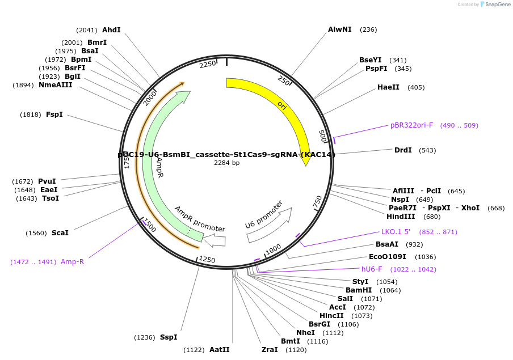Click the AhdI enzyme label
pyautogui.click(x=111, y=30)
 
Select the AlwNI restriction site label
pyautogui.click(x=340, y=29)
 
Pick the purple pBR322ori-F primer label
pyautogui.click(x=411, y=125)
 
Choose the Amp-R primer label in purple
pyautogui.click(x=72, y=261)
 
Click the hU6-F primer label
pyautogui.click(x=372, y=269)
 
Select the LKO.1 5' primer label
pyautogui.click(x=396, y=232)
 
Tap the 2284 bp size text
pyautogui.click(x=226, y=163)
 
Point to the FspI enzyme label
pyautogui.click(x=54, y=115)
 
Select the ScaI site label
pyautogui.click(x=60, y=233)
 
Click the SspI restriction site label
pyautogui.click(x=169, y=337)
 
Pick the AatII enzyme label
pyautogui.click(x=219, y=350)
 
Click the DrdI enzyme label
pyautogui.click(x=403, y=150)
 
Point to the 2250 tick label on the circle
pyautogui.click(x=208, y=64)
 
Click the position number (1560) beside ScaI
pyautogui.click(x=36, y=233)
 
